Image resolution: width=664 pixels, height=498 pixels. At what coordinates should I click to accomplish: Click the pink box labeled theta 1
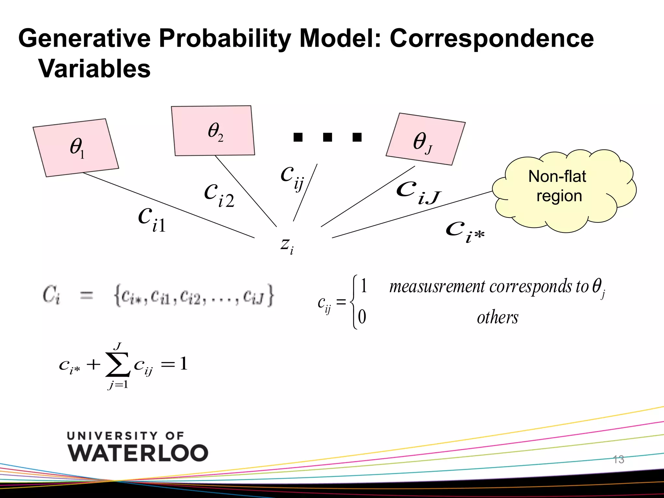[76, 148]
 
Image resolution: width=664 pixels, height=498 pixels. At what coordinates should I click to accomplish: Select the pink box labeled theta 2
[213, 131]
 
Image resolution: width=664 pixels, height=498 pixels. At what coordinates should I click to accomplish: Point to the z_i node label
[287, 245]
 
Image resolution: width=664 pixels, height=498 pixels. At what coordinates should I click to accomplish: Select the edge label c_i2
[219, 195]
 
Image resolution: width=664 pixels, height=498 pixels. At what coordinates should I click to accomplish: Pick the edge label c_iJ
[418, 193]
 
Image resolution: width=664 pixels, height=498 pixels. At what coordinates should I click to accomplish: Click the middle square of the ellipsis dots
[327, 137]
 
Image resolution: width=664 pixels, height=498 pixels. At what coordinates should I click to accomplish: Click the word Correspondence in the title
[492, 38]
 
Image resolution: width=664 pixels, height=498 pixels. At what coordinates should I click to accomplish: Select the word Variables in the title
[94, 69]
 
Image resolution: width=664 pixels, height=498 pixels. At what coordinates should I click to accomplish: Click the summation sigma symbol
[118, 366]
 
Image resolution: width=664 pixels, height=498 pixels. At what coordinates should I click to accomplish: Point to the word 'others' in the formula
[497, 317]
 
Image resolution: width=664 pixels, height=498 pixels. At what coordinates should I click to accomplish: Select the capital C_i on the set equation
[51, 295]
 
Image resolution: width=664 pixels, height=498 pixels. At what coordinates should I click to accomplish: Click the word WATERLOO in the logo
[138, 453]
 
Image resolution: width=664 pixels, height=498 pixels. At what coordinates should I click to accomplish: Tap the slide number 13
[618, 459]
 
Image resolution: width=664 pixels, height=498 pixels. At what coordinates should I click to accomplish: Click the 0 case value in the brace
[362, 317]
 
